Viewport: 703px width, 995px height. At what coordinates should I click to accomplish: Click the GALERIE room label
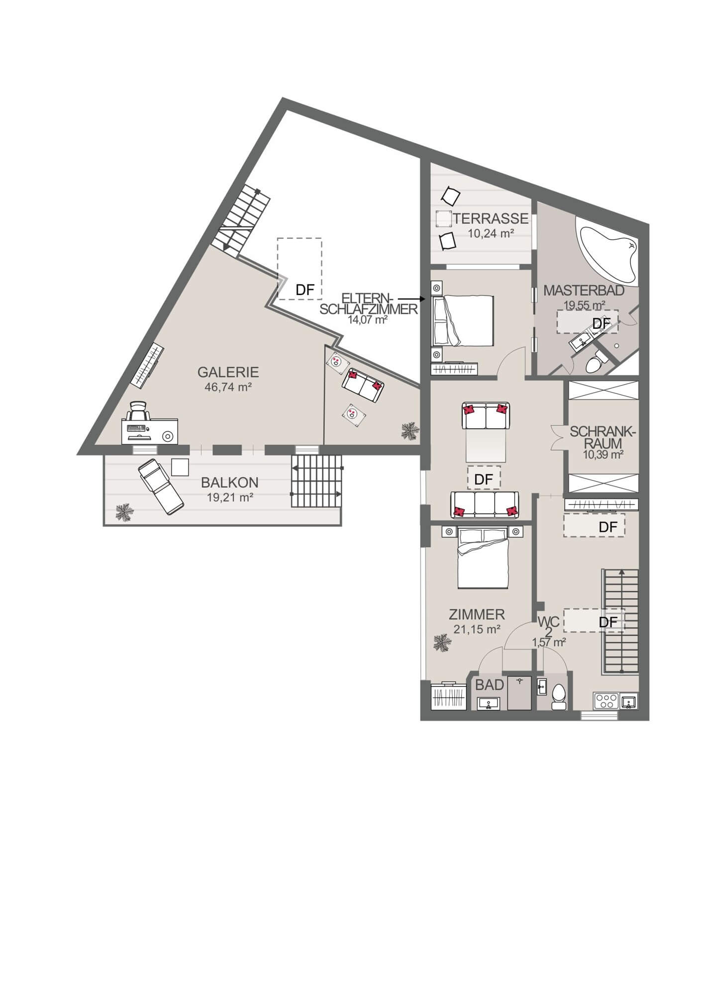[228, 372]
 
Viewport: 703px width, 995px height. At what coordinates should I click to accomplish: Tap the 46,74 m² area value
[228, 387]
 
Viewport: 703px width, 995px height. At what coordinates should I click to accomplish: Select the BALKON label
[230, 483]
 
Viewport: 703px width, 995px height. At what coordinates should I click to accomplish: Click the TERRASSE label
[491, 218]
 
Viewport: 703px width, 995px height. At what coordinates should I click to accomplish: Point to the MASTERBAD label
[584, 291]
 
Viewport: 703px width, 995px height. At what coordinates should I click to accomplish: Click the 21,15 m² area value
[477, 629]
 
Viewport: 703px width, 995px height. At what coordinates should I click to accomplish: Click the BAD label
[490, 685]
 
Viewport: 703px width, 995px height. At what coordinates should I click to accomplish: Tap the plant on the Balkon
[124, 513]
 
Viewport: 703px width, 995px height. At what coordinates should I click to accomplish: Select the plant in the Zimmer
[441, 643]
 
